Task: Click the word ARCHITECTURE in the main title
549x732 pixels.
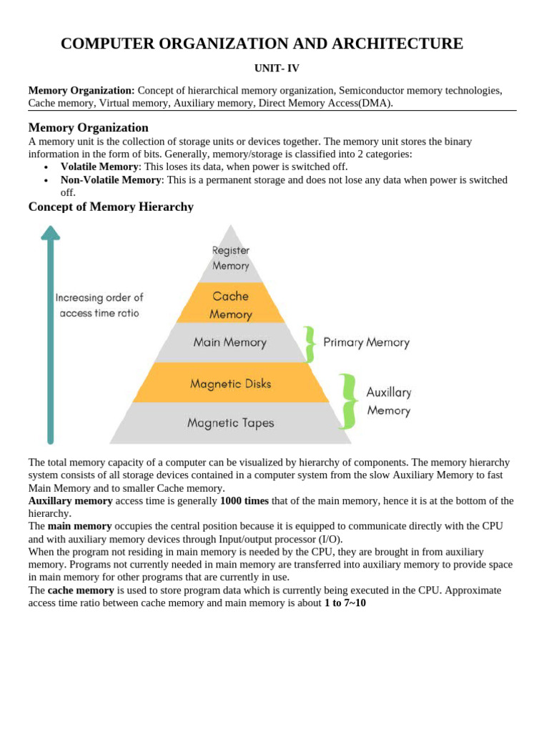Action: point(397,44)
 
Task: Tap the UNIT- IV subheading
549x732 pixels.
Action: point(277,69)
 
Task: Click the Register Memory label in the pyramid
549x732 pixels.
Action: point(230,258)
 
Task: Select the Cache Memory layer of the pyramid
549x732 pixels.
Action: point(230,305)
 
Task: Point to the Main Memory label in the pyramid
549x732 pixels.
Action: point(229,342)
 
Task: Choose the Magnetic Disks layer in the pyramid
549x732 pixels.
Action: point(230,384)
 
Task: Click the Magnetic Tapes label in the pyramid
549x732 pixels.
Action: point(230,422)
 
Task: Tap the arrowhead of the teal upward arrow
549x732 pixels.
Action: point(50,233)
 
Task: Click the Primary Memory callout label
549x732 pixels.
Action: point(366,342)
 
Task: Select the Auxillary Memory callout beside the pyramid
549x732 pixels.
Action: point(388,401)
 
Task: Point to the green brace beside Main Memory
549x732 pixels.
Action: point(310,344)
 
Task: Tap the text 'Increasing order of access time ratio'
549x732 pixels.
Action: point(99,305)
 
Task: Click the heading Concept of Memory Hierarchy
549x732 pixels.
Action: point(111,207)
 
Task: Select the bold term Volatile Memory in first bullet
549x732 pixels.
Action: point(99,167)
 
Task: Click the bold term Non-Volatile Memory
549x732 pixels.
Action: point(111,179)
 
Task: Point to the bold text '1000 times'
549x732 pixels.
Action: point(244,500)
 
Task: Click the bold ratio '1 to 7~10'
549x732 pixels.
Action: point(340,603)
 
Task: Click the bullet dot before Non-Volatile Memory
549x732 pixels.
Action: point(46,180)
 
